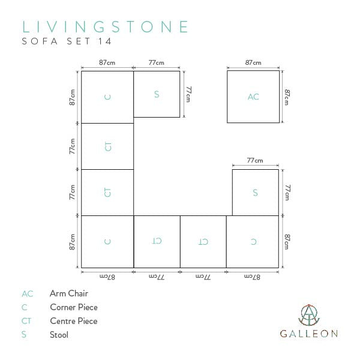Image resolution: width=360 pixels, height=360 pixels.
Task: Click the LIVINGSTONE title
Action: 105,27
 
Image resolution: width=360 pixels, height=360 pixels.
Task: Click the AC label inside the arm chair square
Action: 253,97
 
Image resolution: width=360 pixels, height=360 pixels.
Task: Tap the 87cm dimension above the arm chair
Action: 253,62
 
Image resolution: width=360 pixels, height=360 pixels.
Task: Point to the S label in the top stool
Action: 157,94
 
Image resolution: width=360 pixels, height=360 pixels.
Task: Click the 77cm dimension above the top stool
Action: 157,62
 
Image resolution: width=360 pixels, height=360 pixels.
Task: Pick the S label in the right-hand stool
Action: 256,193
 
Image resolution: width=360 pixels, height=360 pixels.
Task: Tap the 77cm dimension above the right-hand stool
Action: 255,160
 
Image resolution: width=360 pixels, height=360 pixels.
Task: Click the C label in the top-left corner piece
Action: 107,97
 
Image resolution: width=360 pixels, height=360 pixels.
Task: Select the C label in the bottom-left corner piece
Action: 107,242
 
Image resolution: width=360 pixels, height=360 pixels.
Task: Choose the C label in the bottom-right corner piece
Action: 253,242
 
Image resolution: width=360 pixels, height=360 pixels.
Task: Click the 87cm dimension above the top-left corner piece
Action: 107,62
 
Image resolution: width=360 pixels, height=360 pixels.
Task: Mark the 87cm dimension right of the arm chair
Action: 287,97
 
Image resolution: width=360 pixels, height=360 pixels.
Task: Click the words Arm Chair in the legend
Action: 69,293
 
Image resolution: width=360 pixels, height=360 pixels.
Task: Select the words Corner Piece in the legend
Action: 74,307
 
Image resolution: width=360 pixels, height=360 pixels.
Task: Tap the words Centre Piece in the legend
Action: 74,321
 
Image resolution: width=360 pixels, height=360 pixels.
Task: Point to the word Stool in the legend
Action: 59,335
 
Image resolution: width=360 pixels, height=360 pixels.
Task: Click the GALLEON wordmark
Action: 309,334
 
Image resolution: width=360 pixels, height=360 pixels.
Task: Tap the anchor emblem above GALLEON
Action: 309,315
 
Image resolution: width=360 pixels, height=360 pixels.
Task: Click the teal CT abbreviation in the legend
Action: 26,321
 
